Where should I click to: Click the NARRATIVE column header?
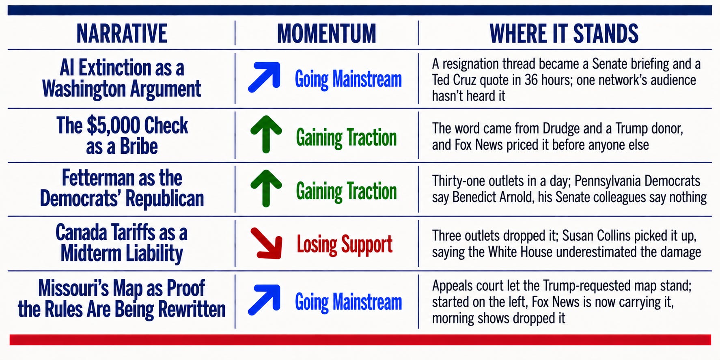click(122, 33)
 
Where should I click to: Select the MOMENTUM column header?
click(327, 33)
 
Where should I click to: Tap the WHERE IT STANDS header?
click(564, 33)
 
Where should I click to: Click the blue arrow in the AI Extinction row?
click(265, 76)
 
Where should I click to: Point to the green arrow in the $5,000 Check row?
click(266, 134)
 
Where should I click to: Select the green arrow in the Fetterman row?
click(266, 188)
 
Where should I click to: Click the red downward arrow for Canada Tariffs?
click(266, 243)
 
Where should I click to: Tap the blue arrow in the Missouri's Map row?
click(265, 300)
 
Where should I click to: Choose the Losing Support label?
click(345, 245)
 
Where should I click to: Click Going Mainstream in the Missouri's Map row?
click(348, 302)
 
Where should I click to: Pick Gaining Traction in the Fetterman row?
click(346, 191)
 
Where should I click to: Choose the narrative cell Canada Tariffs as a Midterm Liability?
click(122, 243)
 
